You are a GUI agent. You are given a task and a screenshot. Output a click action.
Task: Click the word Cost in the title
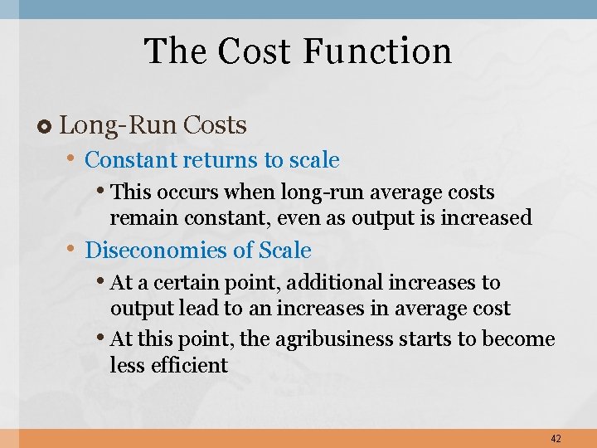(255, 51)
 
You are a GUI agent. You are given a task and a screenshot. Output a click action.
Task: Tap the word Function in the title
(377, 51)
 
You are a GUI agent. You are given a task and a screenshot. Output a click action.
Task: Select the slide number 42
(555, 438)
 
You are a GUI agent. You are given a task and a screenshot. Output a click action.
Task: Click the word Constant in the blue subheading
(131, 159)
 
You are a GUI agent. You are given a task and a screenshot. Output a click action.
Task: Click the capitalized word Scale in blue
(285, 251)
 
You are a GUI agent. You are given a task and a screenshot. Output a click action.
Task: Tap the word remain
(138, 218)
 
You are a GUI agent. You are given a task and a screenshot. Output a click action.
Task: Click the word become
(519, 340)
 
